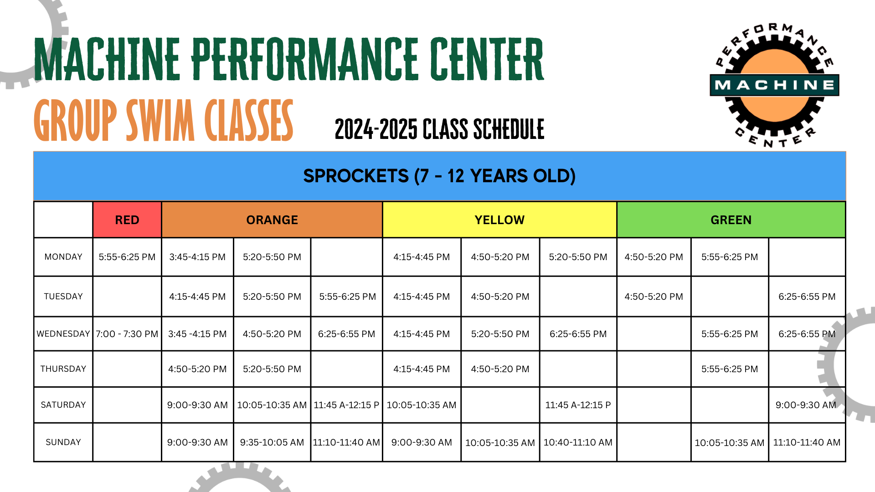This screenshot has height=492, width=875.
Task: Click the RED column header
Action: tap(127, 220)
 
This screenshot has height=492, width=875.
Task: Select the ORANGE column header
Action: tap(272, 220)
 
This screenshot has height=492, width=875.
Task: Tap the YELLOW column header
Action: tap(499, 220)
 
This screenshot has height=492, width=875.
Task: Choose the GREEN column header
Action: tap(731, 220)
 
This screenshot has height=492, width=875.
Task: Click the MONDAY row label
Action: tap(63, 257)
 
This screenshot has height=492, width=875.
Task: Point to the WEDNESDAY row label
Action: tap(63, 334)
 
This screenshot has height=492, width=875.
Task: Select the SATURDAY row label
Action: tap(63, 405)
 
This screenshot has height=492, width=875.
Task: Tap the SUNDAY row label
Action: tap(63, 442)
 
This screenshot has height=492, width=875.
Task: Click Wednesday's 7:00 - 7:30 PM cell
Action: tap(127, 334)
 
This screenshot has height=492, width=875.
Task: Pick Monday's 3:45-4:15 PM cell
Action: tap(197, 257)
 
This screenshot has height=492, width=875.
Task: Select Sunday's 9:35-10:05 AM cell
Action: tap(272, 442)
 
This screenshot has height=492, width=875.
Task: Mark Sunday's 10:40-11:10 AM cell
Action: tap(578, 442)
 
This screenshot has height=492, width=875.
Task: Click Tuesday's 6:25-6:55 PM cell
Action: tap(807, 297)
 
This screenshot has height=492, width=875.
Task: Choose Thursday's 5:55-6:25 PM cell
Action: tap(730, 369)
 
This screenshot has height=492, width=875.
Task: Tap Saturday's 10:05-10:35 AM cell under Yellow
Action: tap(422, 405)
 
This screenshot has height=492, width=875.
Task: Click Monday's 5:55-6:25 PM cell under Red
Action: tap(127, 257)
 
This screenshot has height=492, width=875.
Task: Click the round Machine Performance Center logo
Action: tap(775, 85)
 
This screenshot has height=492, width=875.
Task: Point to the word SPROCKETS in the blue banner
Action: tap(356, 176)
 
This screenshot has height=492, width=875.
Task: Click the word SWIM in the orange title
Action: tap(160, 121)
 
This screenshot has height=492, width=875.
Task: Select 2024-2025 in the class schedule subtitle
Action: tap(376, 129)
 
